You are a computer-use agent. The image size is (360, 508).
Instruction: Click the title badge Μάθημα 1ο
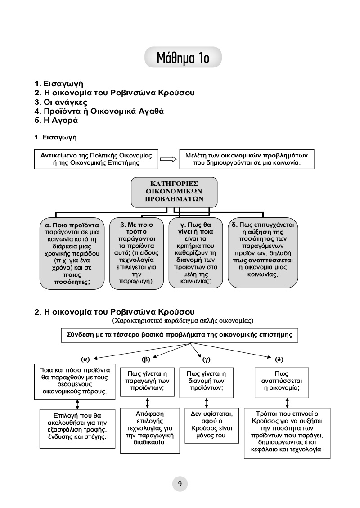183,58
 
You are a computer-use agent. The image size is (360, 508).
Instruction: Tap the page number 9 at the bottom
180,484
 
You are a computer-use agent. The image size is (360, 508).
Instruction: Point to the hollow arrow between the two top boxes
167,159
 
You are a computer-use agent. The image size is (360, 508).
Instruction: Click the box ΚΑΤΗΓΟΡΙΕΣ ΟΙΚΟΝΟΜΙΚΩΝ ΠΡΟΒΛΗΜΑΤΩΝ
174,191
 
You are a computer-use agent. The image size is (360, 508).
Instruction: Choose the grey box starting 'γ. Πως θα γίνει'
196,253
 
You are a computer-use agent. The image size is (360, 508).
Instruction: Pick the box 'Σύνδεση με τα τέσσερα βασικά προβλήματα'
179,335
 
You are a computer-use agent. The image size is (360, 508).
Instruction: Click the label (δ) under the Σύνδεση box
279,359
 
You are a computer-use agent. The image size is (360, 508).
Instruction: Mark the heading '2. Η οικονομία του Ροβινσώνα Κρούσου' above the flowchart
115,311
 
